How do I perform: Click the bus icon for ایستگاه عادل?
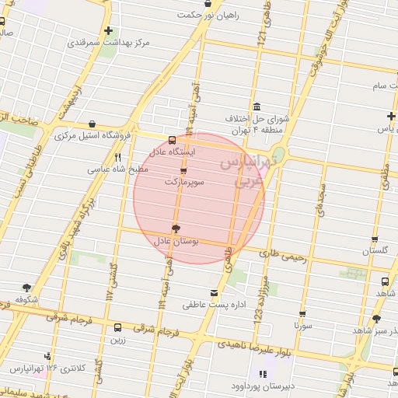click(172, 141)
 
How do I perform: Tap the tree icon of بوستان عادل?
click(175, 229)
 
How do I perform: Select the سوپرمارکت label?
click(184, 181)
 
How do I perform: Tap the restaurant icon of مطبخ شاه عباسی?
click(118, 156)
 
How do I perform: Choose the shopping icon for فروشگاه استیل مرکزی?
click(93, 124)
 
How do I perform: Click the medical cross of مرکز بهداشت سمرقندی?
click(108, 30)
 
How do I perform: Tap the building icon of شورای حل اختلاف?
click(257, 107)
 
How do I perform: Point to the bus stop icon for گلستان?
click(375, 239)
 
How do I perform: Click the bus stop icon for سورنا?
click(302, 314)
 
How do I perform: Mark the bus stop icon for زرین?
click(117, 327)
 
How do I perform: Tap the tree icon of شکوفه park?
click(27, 287)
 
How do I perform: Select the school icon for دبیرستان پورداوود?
click(257, 374)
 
